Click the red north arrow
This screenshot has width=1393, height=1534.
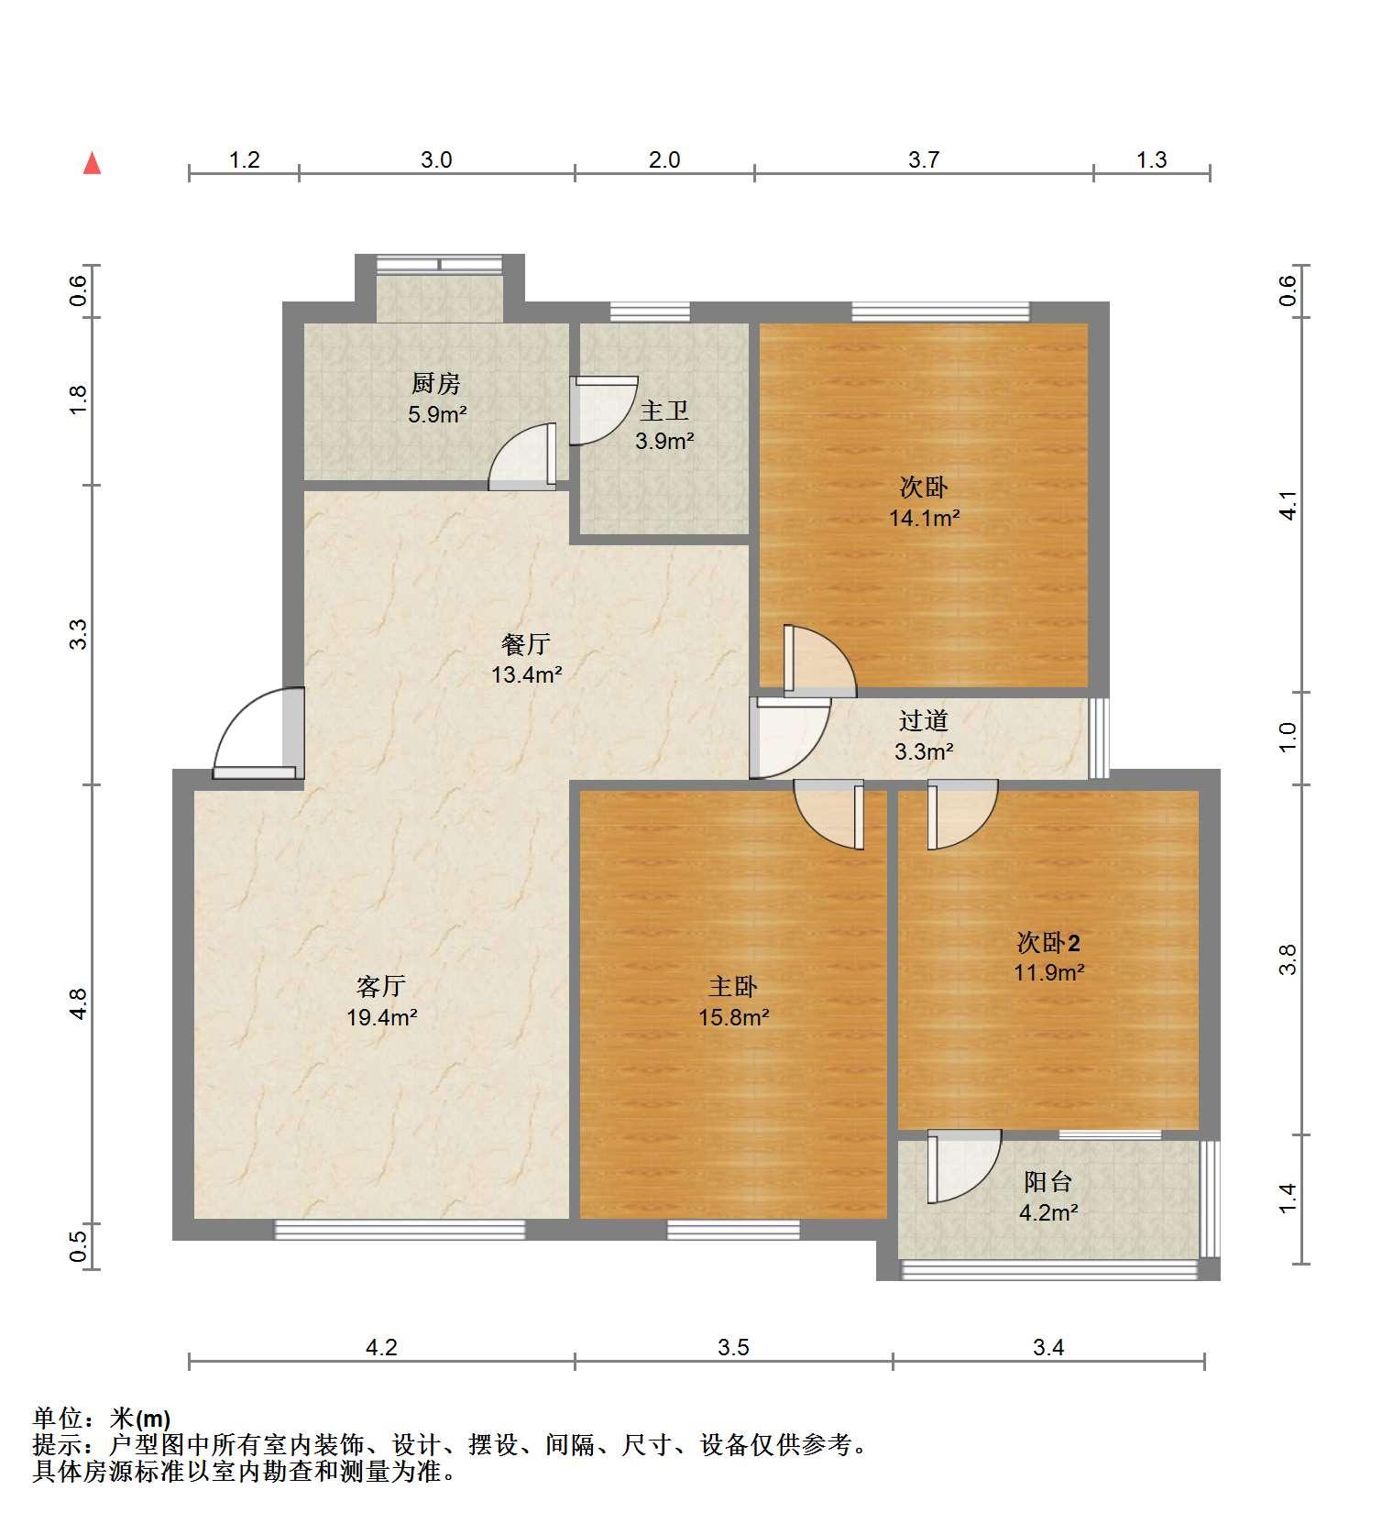click(92, 163)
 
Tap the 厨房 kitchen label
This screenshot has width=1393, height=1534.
click(436, 383)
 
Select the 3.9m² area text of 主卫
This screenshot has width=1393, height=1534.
click(664, 441)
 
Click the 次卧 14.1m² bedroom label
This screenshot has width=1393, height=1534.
click(924, 487)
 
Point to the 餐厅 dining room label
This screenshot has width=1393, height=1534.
click(526, 644)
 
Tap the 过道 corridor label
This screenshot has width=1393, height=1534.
click(923, 721)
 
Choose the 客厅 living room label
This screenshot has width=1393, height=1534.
click(381, 986)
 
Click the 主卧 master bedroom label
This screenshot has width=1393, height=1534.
click(733, 986)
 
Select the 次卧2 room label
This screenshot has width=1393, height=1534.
click(1048, 942)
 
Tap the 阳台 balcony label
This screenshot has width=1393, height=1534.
click(1047, 1182)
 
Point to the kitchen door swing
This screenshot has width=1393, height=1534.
click(522, 455)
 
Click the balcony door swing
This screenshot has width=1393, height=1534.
click(963, 1167)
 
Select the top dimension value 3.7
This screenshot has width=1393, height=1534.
click(924, 160)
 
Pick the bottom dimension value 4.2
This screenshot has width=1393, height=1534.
click(381, 1347)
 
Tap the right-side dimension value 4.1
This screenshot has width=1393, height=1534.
click(1288, 506)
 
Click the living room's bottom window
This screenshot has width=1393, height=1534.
click(400, 1230)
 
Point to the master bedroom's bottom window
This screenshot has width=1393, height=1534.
click(733, 1230)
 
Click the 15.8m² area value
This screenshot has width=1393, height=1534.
click(733, 1017)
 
